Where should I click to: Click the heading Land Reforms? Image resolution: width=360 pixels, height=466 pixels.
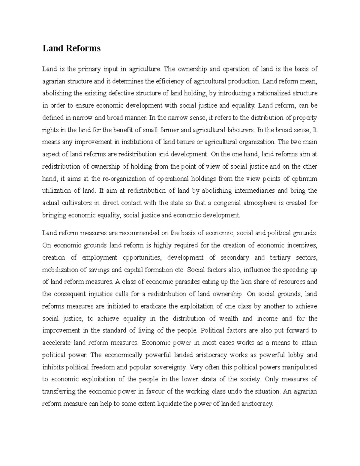(71, 48)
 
